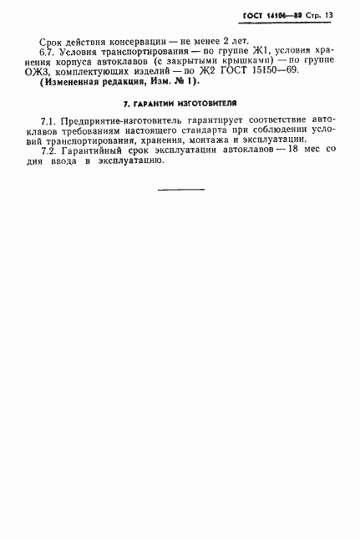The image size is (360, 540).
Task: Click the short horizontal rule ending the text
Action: pos(180,190)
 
